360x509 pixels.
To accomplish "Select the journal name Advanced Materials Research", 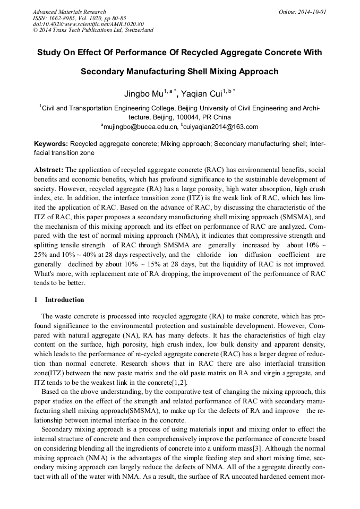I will click(69, 11).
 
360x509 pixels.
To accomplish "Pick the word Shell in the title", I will click(198, 71).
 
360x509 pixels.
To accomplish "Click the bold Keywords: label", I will click(50, 143).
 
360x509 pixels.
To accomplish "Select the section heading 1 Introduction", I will click(59, 299).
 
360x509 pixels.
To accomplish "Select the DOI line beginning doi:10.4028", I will click(88, 24).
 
